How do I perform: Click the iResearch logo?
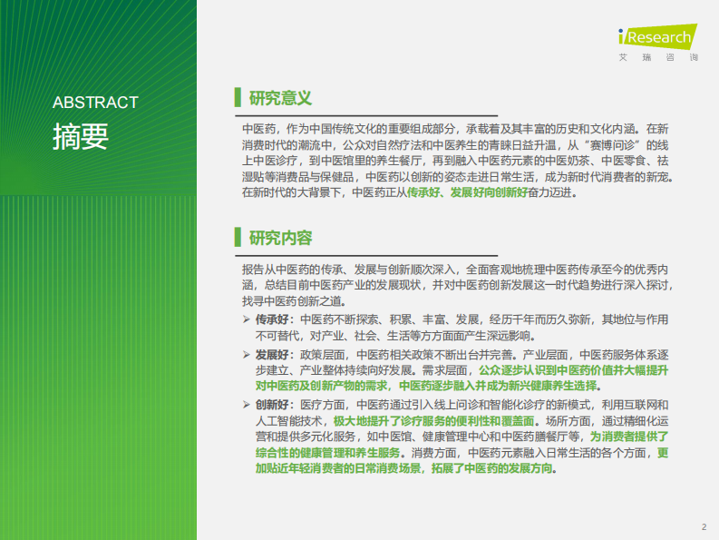point(656,37)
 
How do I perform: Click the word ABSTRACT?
point(95,103)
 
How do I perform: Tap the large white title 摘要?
point(81,136)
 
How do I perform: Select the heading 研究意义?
point(280,97)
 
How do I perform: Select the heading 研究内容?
point(280,238)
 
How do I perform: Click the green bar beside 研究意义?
point(237,97)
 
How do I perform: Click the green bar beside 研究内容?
point(237,238)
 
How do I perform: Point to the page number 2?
point(704,527)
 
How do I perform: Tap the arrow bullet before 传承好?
point(246,319)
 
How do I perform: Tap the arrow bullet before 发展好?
point(246,354)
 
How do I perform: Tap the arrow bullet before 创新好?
point(246,405)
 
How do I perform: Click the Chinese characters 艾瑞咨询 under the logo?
point(657,57)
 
